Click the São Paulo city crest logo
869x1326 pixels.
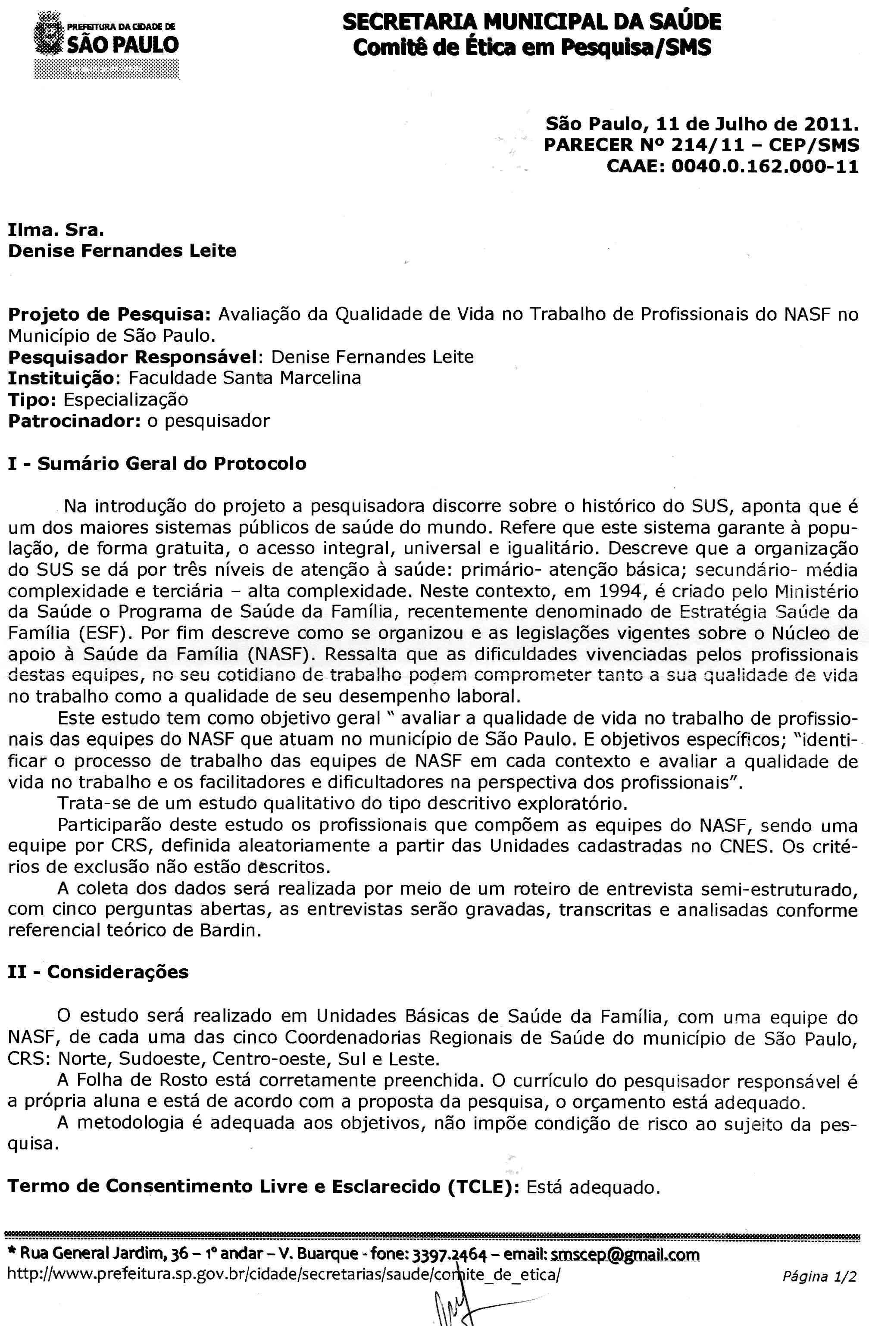(50, 37)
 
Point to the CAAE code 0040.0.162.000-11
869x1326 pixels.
(765, 167)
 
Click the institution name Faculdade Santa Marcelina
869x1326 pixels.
(245, 378)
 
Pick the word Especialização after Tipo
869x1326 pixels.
(125, 399)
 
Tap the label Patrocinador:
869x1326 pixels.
(74, 421)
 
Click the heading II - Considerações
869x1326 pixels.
(98, 972)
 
